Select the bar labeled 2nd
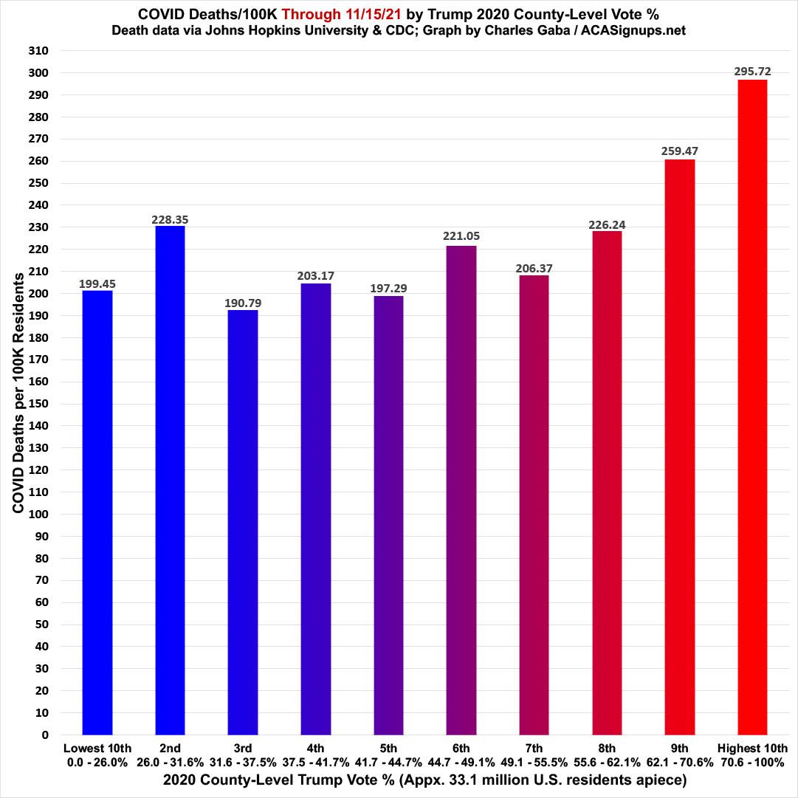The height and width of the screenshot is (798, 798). pyautogui.click(x=170, y=480)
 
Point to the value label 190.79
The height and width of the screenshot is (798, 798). pyautogui.click(x=243, y=303)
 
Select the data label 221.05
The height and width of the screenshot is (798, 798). pyautogui.click(x=461, y=237)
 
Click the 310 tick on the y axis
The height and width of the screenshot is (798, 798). pyautogui.click(x=38, y=51)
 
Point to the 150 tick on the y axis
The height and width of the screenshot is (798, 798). pyautogui.click(x=38, y=404)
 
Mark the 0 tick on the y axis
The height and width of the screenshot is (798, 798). pyautogui.click(x=44, y=735)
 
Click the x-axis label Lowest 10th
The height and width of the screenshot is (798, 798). pyautogui.click(x=97, y=749)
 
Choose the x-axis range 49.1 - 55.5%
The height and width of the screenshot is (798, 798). pyautogui.click(x=534, y=763)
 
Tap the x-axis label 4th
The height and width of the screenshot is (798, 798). pyautogui.click(x=315, y=749)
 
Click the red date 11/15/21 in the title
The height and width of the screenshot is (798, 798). pyautogui.click(x=356, y=13)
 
